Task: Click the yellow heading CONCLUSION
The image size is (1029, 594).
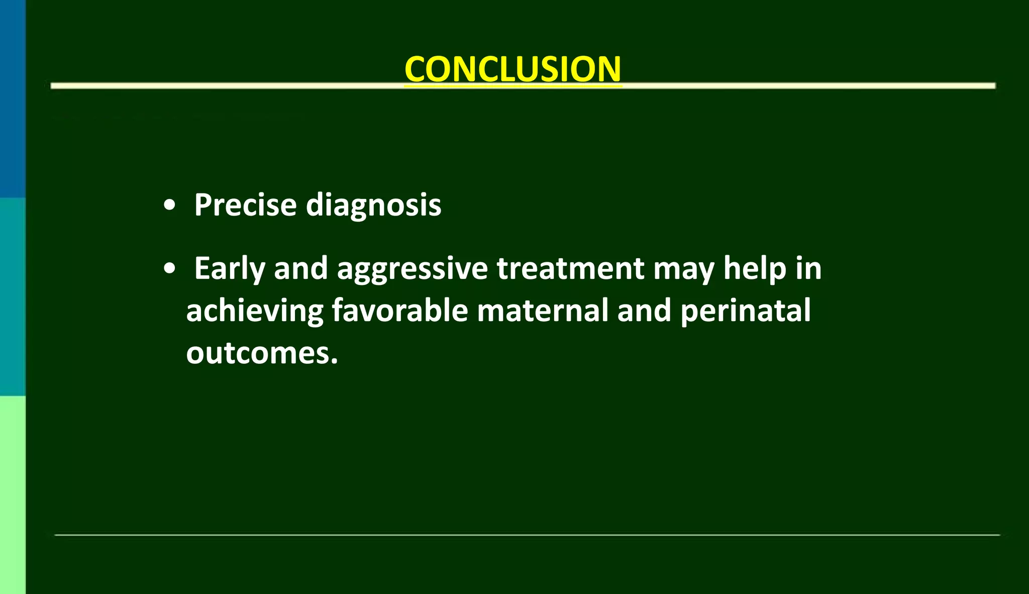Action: coord(513,69)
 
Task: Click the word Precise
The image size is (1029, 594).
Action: coord(245,205)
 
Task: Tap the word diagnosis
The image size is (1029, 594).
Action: coord(373,206)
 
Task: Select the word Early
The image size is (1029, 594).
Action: coord(229,269)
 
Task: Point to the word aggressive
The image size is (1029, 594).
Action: coord(412,269)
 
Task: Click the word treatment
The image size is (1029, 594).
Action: coord(570,268)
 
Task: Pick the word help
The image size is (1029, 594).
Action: coord(754,269)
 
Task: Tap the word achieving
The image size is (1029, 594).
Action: coord(254,311)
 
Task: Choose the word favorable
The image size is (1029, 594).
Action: coord(400,311)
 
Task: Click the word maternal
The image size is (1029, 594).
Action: coord(543,311)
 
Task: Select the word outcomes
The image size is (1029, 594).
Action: coord(262,353)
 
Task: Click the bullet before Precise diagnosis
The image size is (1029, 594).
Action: coord(170,206)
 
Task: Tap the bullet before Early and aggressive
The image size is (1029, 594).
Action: coord(170,269)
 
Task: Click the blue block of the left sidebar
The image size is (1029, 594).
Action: coord(13,98)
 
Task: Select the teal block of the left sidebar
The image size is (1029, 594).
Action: coord(13,296)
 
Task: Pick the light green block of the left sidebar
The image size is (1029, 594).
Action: coord(13,495)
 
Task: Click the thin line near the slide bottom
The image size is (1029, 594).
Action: coord(527,535)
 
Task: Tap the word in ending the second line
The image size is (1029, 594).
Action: coord(808,268)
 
